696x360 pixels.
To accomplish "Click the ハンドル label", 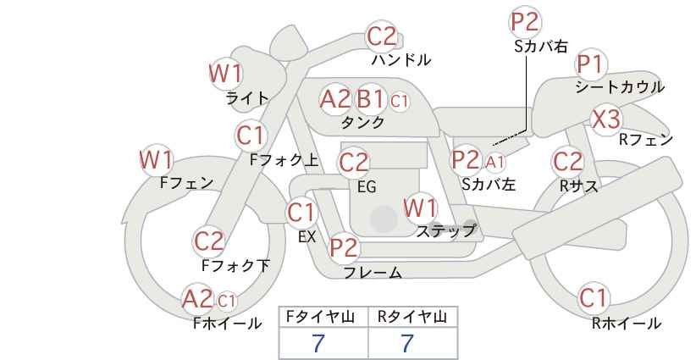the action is (401, 59).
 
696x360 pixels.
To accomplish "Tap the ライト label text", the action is (247, 98).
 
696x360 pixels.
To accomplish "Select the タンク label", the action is (362, 122).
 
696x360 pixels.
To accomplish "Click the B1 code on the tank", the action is (370, 98).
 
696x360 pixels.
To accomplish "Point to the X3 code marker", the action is (606, 119).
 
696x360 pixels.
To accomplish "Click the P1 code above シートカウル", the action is (591, 65).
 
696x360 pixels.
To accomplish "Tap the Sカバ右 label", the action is (541, 47).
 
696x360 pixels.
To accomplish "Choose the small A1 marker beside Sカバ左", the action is (494, 163).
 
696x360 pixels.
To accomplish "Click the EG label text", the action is (367, 187).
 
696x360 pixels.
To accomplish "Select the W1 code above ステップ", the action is (420, 208).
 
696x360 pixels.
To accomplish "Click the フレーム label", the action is (373, 272).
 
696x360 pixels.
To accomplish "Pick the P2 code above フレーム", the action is (344, 247).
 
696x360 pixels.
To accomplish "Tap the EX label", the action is (307, 237).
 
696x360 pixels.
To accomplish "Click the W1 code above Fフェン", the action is (157, 160).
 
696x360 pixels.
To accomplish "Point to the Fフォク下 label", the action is (235, 265).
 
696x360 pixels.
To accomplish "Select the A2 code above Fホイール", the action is (198, 298).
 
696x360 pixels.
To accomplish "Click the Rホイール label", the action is (627, 324).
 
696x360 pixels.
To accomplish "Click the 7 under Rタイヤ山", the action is (407, 343).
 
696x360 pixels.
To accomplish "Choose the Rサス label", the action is (579, 186).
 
